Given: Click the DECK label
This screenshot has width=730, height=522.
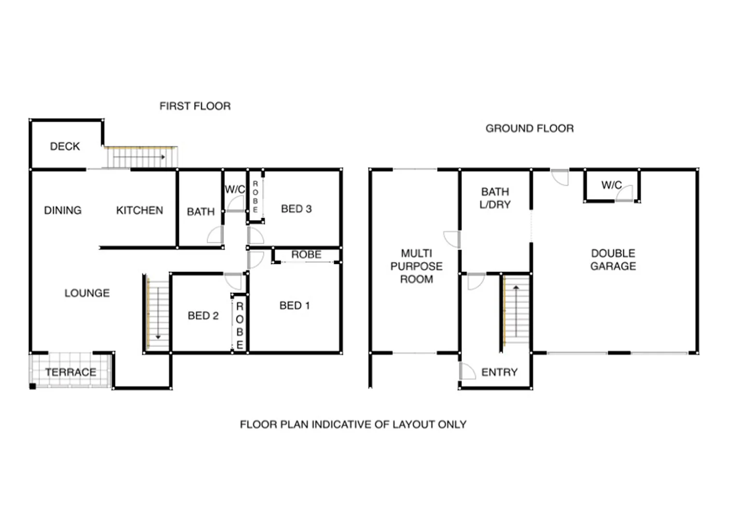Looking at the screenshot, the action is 65,146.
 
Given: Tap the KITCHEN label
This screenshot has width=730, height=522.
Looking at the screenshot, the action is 140,210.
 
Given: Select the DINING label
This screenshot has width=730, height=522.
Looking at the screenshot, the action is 63,210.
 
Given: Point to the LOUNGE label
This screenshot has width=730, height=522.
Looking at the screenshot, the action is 87,293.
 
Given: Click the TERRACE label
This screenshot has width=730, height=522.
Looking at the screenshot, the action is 70,372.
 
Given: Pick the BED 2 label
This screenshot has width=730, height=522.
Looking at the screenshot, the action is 203,316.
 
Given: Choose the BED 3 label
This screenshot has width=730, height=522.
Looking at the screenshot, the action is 296,209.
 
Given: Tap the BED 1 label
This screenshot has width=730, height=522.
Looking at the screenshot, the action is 295,305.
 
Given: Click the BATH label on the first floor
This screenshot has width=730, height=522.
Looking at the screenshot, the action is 200,212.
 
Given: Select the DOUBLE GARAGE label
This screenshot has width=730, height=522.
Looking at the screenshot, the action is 613,260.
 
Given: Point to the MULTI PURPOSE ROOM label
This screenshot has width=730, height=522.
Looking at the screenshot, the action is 416,266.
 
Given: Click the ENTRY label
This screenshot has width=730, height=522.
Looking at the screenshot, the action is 499,372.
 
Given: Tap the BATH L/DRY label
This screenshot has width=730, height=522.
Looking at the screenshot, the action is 495,198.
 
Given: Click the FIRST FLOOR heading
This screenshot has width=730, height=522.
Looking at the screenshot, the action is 195,106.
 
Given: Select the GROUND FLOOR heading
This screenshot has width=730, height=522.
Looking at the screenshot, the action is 530,129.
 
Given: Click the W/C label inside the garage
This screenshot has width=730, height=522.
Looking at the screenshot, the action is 611,185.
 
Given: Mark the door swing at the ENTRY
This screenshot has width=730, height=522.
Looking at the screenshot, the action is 467,371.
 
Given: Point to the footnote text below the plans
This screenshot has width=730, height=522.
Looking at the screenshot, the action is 353,424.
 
